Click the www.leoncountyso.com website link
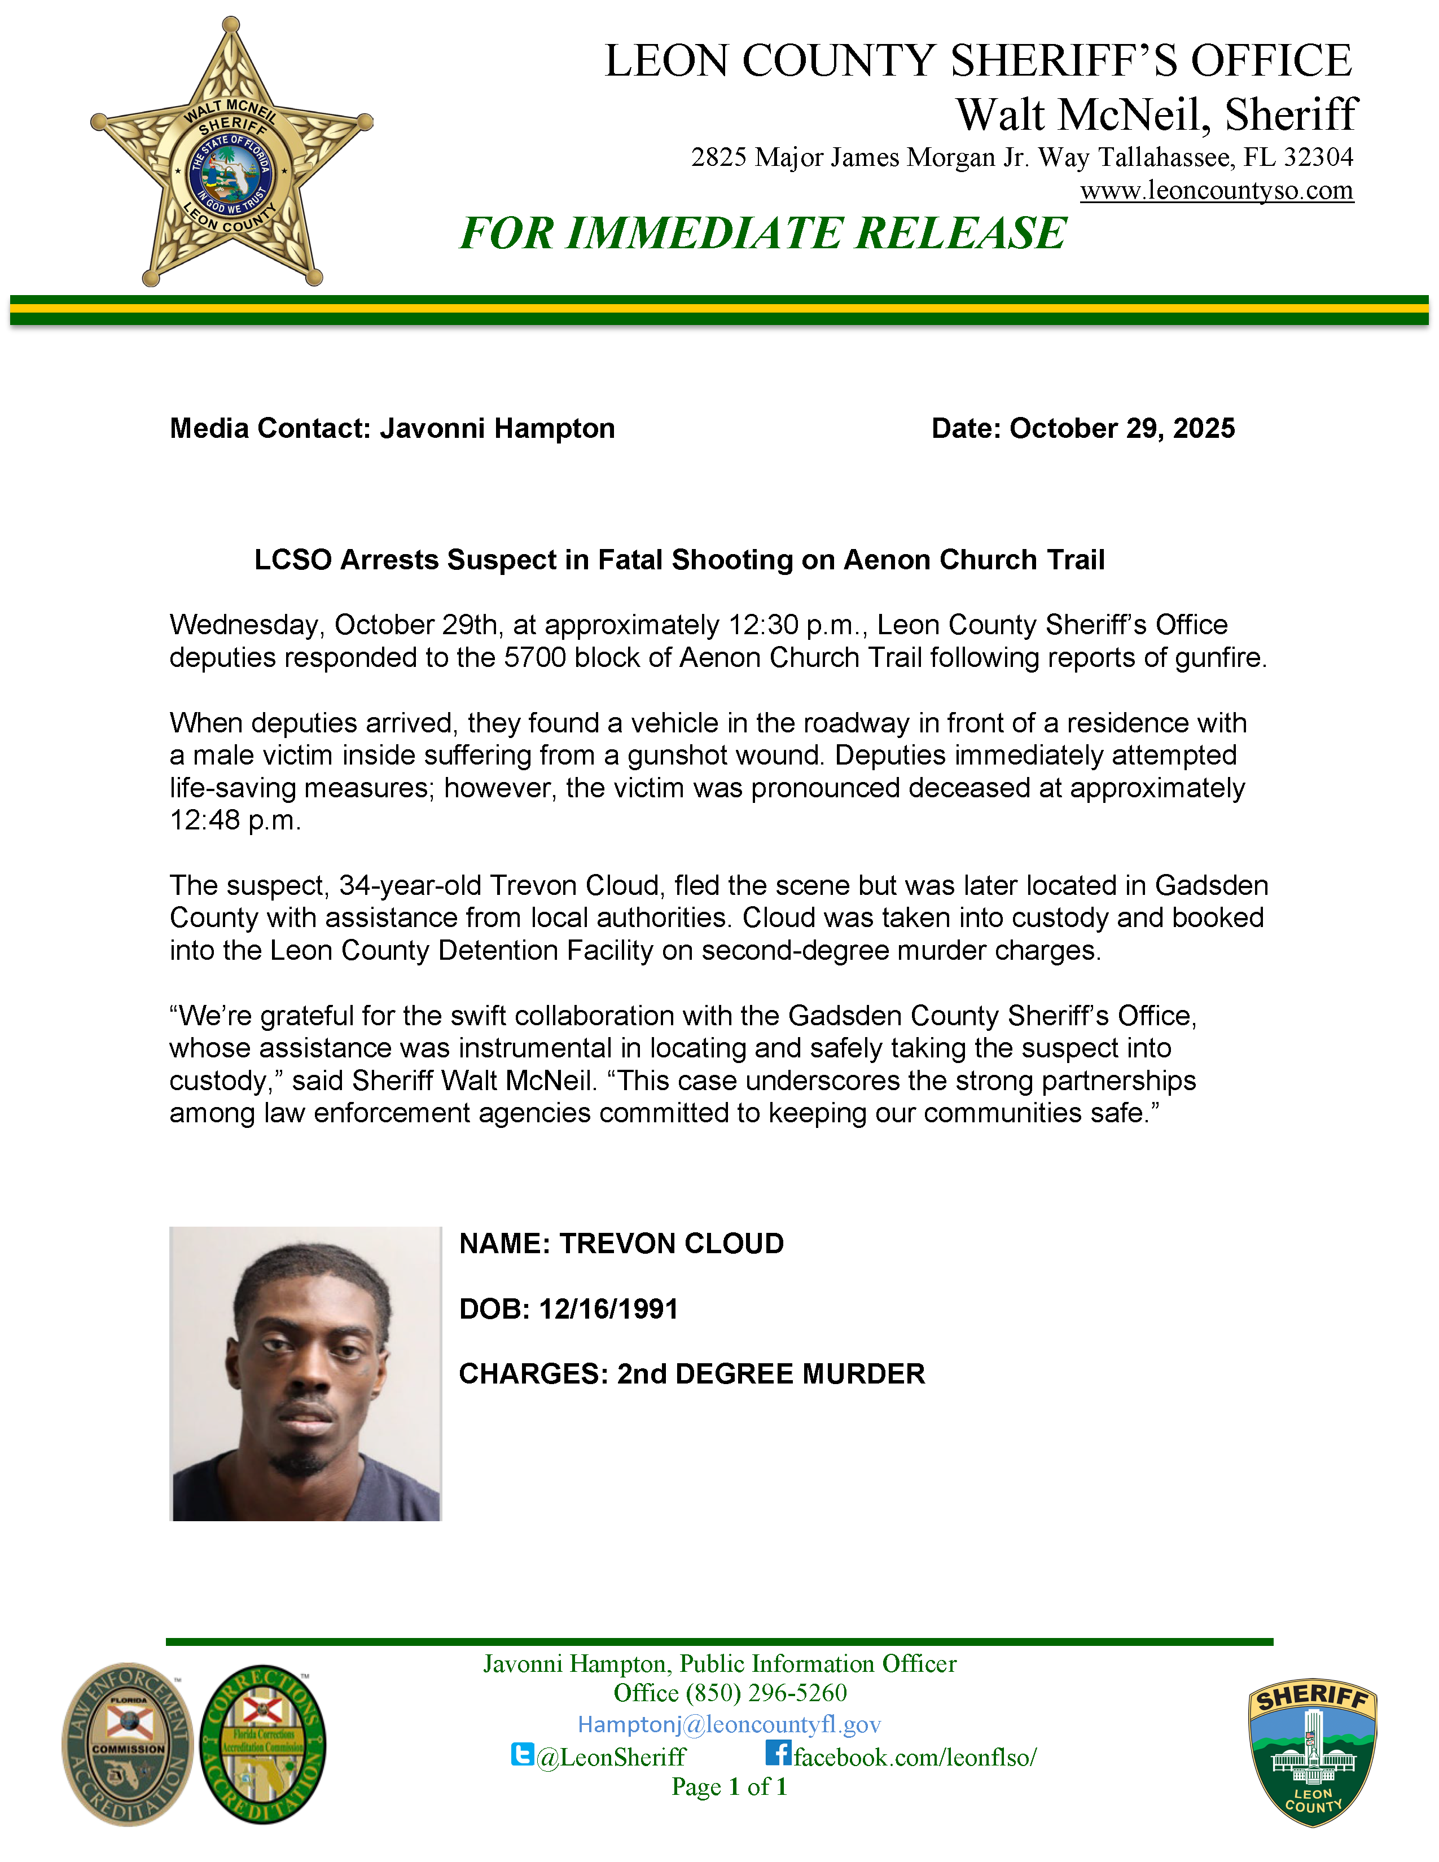[x=1217, y=190]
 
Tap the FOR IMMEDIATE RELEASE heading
[x=763, y=234]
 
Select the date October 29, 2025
[x=1122, y=428]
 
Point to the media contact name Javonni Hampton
[x=497, y=428]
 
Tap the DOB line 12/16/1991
[x=569, y=1308]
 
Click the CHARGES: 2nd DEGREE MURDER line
[x=691, y=1373]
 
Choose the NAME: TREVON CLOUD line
[x=621, y=1244]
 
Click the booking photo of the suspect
[x=305, y=1373]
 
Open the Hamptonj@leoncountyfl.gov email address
[x=729, y=1725]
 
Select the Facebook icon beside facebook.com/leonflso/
[x=778, y=1753]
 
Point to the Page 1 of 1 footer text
[x=729, y=1787]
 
